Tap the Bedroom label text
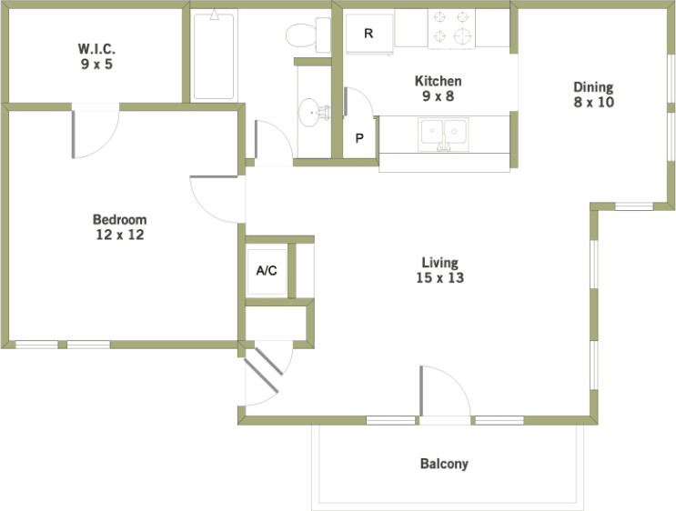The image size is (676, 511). (119, 219)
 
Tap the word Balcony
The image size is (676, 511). (444, 464)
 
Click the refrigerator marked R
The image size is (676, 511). (368, 35)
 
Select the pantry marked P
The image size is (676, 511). (359, 139)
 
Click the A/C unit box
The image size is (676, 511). (267, 271)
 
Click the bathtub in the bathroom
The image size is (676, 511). (215, 55)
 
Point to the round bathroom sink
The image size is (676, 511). (312, 115)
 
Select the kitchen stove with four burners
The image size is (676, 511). (452, 27)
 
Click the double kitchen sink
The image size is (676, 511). (443, 134)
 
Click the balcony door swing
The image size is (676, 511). (443, 393)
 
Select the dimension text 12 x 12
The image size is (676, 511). (119, 235)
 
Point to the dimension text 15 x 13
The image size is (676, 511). (439, 278)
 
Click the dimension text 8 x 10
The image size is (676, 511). (593, 103)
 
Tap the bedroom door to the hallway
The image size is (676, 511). (217, 198)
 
